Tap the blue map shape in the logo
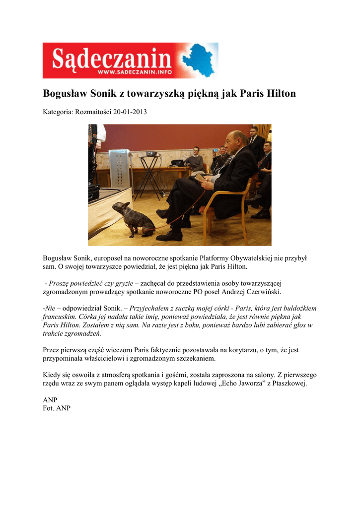(x=198, y=61)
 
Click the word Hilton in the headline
(x=281, y=94)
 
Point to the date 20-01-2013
(x=130, y=112)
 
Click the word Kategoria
(x=58, y=112)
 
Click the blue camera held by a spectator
(x=215, y=149)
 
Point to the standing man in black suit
(x=256, y=144)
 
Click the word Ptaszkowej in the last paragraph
(x=288, y=383)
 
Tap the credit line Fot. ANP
(x=57, y=408)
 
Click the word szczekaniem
(x=193, y=358)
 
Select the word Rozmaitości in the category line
(x=93, y=112)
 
